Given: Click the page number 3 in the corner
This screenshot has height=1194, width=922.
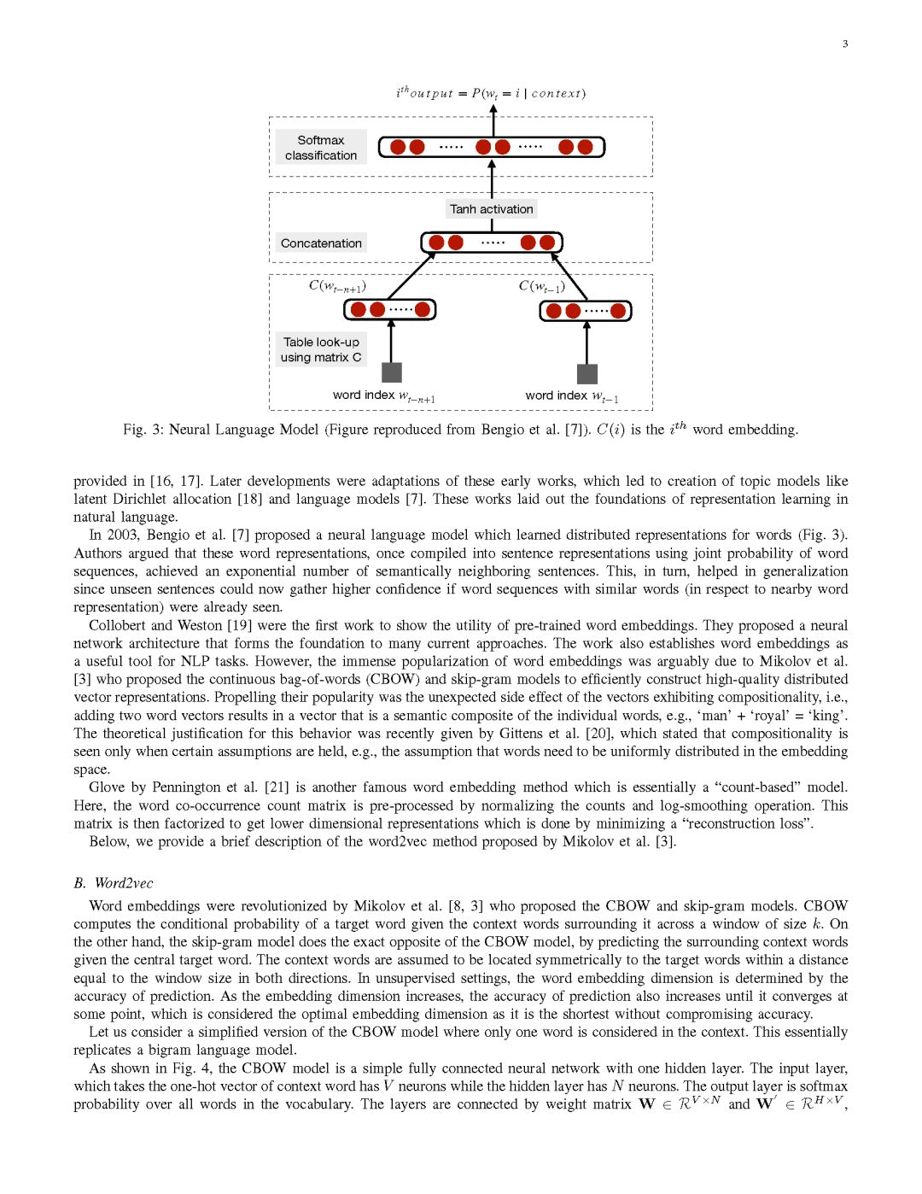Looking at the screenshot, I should coord(845,44).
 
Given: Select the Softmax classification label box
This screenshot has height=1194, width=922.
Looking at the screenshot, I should coord(321,148).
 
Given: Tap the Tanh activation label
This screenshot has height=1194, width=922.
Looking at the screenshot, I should coord(491,209).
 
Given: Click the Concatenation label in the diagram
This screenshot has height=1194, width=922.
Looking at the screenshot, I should coord(321,243).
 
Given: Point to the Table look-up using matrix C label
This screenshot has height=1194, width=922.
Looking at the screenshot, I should coord(321,349).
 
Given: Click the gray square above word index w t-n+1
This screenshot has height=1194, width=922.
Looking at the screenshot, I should coord(391,372).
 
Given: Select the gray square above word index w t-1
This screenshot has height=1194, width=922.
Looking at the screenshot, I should coord(586,373).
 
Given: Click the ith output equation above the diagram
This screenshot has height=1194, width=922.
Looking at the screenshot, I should coord(491,93).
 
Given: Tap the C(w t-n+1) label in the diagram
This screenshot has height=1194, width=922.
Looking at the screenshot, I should coord(337,286).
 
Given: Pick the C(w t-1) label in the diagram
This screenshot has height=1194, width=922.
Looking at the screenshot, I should coord(541,286).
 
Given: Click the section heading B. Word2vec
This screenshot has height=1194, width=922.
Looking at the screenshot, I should coord(114,883).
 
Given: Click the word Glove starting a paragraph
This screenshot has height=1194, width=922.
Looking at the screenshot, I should coord(108,787).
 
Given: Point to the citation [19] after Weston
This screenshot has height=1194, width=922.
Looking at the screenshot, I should coord(240,625).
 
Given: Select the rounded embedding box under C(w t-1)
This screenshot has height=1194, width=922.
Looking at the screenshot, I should coord(586,310).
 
